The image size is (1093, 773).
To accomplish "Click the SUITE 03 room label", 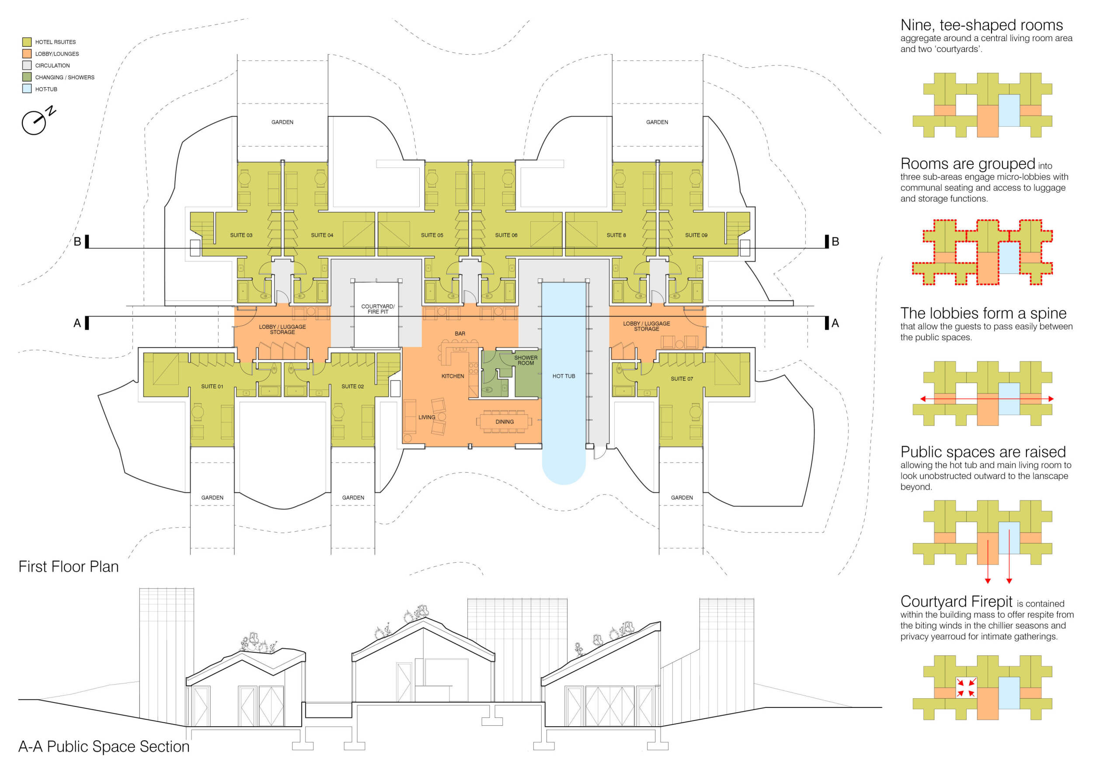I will (241, 235).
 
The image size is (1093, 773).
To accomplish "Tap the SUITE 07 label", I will (682, 379).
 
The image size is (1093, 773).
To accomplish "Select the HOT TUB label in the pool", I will (564, 376).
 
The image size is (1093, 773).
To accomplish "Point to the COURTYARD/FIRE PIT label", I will (377, 309).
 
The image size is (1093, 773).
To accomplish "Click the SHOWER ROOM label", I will (526, 360).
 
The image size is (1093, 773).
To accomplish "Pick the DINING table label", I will (504, 422).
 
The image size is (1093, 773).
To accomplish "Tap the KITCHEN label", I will (452, 376).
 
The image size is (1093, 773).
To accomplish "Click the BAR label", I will (459, 334).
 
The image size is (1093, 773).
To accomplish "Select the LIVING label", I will (427, 417).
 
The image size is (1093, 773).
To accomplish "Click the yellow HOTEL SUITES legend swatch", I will (27, 42).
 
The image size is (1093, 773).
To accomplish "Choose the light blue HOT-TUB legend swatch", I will (27, 88).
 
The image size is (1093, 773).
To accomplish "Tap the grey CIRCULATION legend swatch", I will (27, 65).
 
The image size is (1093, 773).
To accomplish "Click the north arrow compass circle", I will (34, 123).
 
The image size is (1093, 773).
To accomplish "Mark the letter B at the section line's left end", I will (77, 242).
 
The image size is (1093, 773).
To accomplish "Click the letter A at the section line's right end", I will (835, 323).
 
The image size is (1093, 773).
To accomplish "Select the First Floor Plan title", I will (69, 567).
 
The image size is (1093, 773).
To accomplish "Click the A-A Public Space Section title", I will (104, 746).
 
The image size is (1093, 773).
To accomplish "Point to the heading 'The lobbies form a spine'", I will (983, 313).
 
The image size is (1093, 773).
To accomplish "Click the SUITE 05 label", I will (432, 235).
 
